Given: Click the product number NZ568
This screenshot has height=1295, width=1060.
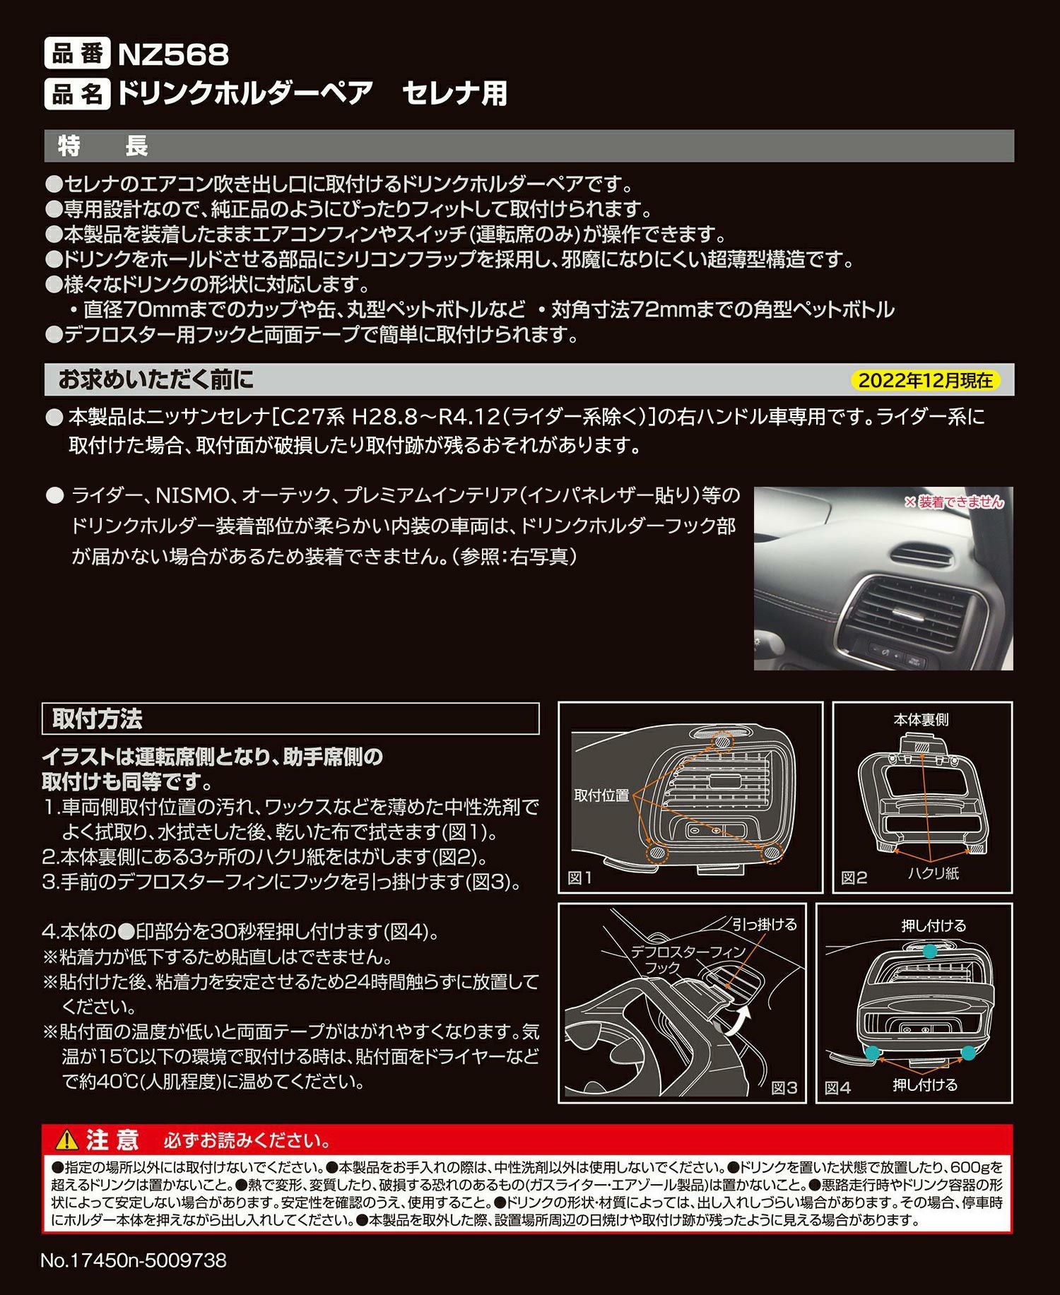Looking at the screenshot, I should pyautogui.click(x=173, y=54).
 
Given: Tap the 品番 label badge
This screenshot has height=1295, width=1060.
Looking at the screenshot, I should pyautogui.click(x=76, y=54).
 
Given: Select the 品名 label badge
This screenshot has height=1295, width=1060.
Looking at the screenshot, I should pyautogui.click(x=76, y=93).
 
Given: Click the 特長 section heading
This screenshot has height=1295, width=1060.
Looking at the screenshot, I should pyautogui.click(x=103, y=146).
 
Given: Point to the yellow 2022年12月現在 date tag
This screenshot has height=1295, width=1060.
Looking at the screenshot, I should pyautogui.click(x=925, y=381).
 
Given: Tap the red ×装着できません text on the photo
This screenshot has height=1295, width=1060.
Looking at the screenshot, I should pyautogui.click(x=953, y=502).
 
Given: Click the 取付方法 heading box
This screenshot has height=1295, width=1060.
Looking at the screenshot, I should pyautogui.click(x=98, y=719).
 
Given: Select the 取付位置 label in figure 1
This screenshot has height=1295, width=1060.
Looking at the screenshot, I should pyautogui.click(x=601, y=795).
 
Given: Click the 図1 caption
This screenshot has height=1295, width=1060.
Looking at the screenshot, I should pyautogui.click(x=580, y=878).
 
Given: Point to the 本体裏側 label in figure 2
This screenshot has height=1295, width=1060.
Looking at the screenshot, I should pyautogui.click(x=921, y=720).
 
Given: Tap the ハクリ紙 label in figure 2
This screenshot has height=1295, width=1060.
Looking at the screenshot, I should pyautogui.click(x=934, y=873).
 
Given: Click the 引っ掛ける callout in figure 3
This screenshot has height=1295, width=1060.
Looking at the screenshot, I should pyautogui.click(x=764, y=924).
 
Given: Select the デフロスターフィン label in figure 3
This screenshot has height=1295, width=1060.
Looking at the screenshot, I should pyautogui.click(x=688, y=952).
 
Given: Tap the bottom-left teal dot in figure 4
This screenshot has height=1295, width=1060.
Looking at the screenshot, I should pyautogui.click(x=873, y=1053).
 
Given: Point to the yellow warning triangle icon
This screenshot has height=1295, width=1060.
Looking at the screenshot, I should pyautogui.click(x=66, y=1140).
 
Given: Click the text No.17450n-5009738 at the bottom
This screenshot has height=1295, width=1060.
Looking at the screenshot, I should pyautogui.click(x=134, y=1260).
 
